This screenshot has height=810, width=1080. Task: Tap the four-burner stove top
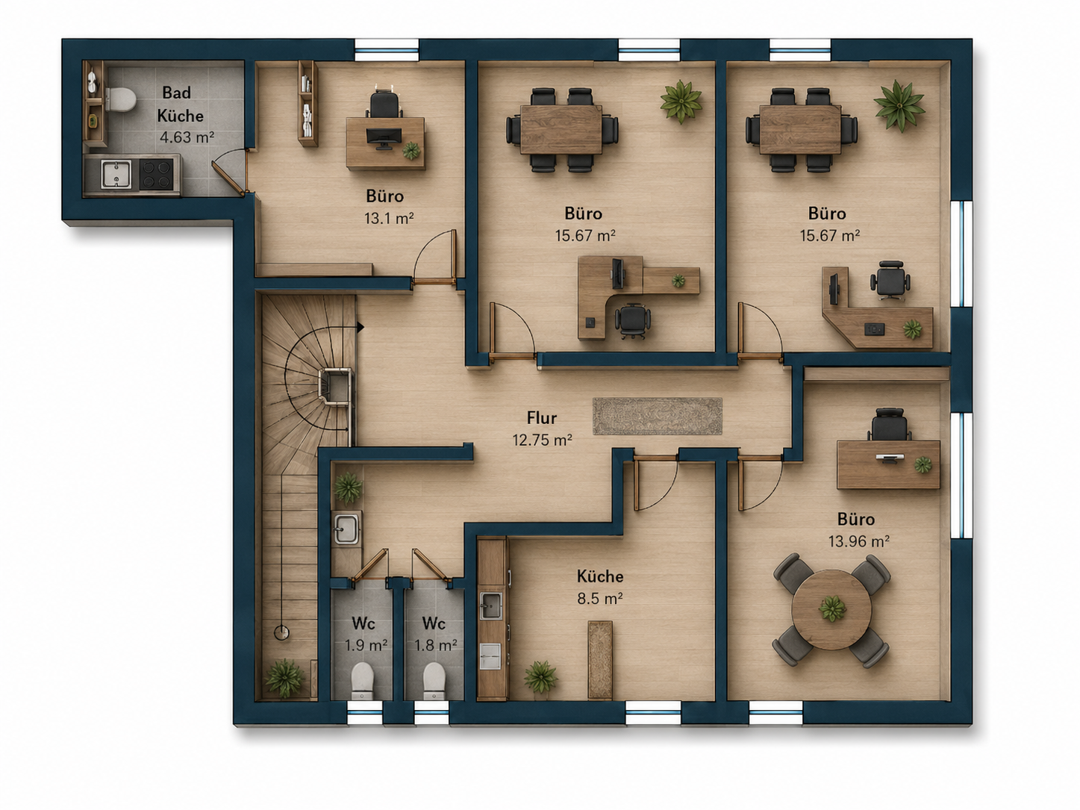pyautogui.click(x=156, y=175)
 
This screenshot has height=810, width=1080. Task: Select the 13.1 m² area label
pyautogui.click(x=388, y=218)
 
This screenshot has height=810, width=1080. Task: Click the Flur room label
pyautogui.click(x=542, y=418)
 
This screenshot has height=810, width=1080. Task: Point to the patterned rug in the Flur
pyautogui.click(x=658, y=417)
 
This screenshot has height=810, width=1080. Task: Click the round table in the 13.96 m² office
pyautogui.click(x=831, y=609)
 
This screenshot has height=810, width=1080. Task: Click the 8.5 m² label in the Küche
pyautogui.click(x=600, y=599)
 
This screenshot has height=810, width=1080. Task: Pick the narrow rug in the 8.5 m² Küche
pyautogui.click(x=600, y=659)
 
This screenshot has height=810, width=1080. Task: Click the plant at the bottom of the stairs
pyautogui.click(x=284, y=678)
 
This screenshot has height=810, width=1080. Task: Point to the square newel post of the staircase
pyautogui.click(x=335, y=386)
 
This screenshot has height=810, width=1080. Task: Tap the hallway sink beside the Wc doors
pyautogui.click(x=347, y=528)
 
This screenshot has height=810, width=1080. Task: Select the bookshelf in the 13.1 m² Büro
pyautogui.click(x=308, y=103)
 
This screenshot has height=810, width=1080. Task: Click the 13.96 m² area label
pyautogui.click(x=858, y=542)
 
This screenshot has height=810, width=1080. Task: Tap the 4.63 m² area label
pyautogui.click(x=187, y=137)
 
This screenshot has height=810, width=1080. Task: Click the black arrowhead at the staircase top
pyautogui.click(x=360, y=327)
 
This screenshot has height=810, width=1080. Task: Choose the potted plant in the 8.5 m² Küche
pyautogui.click(x=540, y=677)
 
